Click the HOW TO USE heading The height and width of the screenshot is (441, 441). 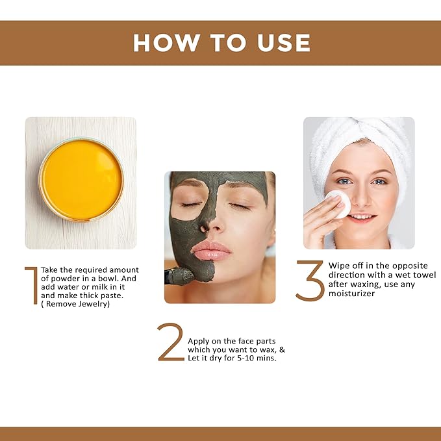(221, 42)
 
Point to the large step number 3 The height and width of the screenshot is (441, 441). (310, 280)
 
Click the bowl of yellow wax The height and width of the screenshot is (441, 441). (81, 171)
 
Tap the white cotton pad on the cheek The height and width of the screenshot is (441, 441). (338, 203)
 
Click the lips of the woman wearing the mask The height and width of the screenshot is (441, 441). (210, 249)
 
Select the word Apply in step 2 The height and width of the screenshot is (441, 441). (199, 341)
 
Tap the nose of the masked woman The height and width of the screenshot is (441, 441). (207, 225)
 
